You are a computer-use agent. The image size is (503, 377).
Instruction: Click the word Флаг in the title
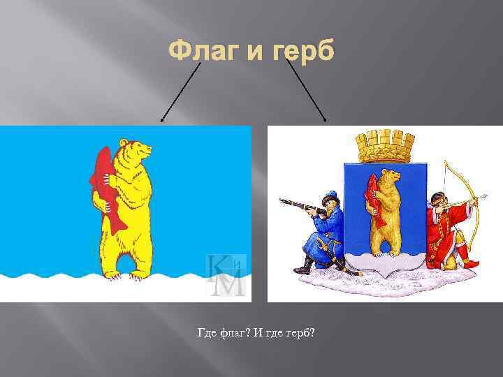pos(204,51)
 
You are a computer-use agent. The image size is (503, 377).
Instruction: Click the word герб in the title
pos(303,52)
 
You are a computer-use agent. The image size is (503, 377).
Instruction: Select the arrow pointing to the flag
pos(181,92)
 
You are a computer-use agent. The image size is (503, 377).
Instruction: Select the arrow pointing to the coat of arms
pos(307,91)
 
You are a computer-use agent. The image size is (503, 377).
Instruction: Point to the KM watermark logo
pos(226,275)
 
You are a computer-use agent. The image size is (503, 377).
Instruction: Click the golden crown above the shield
pos(385,146)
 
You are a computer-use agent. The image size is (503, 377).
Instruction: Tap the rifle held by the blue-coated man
pos(303,207)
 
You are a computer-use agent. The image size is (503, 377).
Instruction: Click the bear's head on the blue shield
pos(391,177)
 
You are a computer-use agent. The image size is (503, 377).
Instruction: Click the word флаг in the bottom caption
pos(233,333)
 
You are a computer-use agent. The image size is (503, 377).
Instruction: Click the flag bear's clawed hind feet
pos(125,276)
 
